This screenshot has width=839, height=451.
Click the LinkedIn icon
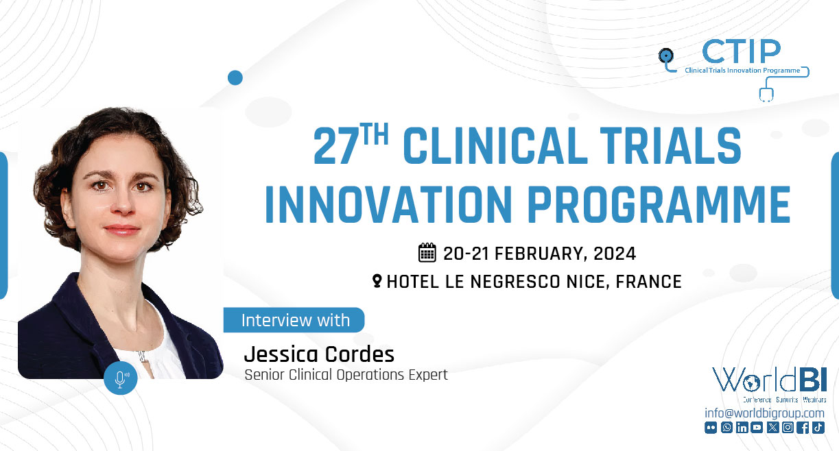point(742,428)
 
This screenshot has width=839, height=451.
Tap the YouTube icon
point(757,428)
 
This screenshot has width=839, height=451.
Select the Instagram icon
point(788,428)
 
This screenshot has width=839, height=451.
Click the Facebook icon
point(803,428)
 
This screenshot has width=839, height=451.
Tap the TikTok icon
point(818,428)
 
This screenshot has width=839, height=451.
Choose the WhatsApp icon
point(726,428)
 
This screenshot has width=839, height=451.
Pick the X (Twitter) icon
point(773,428)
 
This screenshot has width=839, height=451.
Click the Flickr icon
point(711,428)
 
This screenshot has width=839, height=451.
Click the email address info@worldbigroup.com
point(764,413)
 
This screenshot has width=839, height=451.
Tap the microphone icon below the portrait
point(121,378)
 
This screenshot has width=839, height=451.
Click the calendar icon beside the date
point(427,253)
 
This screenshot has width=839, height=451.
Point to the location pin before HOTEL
point(377,281)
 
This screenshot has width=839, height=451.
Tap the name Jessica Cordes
point(319,354)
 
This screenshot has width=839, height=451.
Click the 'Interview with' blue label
point(295,320)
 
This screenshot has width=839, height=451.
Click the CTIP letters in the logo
point(742,52)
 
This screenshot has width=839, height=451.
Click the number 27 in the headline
point(337,147)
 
